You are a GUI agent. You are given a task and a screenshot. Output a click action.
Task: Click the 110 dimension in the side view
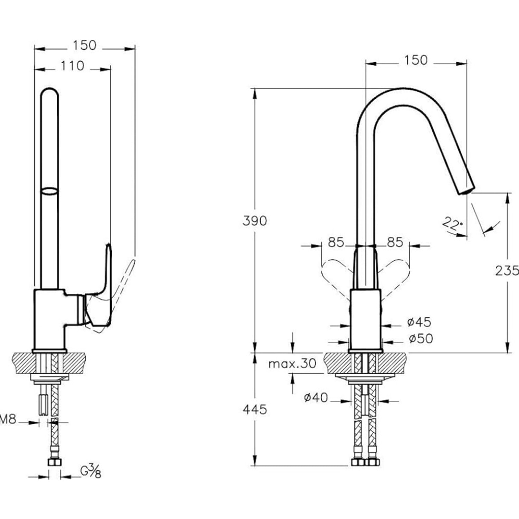coord(72,66)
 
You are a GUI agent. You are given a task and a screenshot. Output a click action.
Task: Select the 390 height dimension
coord(255,221)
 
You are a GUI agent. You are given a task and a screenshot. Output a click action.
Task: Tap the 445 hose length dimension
coord(255,410)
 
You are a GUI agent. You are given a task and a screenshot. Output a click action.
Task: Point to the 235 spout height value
coord(507,271)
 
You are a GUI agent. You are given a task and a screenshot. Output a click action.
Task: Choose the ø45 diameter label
coord(419,322)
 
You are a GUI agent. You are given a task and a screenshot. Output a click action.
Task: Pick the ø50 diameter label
coord(420,338)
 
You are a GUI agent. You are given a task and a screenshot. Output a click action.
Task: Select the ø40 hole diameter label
coord(316,398)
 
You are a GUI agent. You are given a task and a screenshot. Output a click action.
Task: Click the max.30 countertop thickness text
coord(292,364)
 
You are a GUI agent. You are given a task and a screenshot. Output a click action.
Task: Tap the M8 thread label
coord(8,420)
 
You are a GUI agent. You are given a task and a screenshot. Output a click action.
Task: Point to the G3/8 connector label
coord(91,471)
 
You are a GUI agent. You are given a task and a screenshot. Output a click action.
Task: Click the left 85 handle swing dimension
coord(336,243)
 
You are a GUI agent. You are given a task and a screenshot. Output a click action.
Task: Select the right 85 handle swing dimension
coord(395,243)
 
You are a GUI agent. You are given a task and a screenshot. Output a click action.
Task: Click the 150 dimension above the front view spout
coord(416,60)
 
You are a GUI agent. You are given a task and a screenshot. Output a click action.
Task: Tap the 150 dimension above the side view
coord(84,45)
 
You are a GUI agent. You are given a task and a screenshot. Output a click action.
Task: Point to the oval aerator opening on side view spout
coord(49,191)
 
